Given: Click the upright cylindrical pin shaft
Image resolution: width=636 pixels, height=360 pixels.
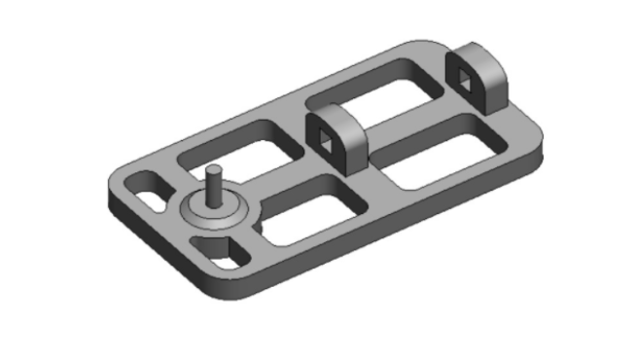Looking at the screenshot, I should [214, 189].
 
